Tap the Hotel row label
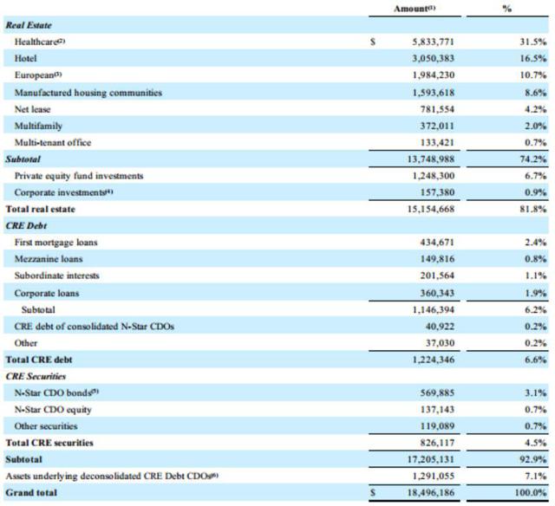click(x=26, y=57)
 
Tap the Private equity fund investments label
click(x=79, y=176)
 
